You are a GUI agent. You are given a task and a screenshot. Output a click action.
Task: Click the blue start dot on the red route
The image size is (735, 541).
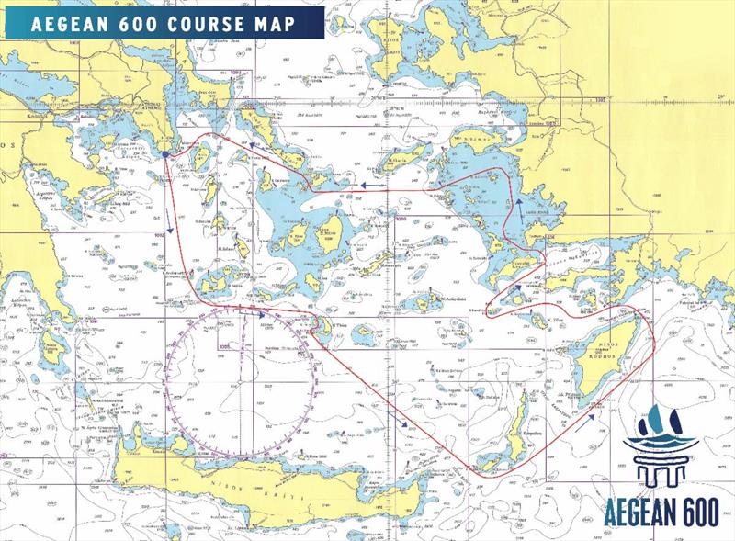click(164, 154)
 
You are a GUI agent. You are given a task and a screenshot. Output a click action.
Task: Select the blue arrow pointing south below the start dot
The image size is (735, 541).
click(170, 227)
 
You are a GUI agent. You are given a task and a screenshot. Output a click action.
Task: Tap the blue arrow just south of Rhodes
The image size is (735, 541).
click(590, 415)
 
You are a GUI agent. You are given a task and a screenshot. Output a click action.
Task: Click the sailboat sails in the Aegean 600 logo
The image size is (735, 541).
click(660, 423)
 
